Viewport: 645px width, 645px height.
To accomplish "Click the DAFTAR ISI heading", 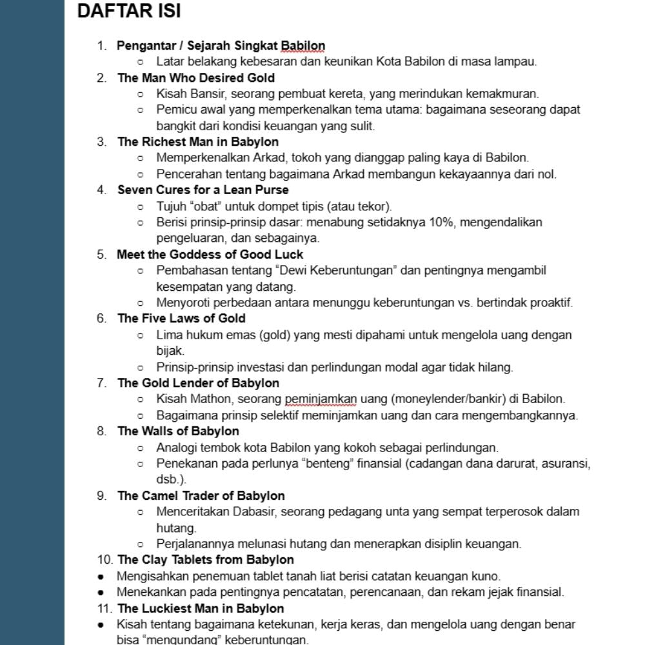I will pyautogui.click(x=128, y=12).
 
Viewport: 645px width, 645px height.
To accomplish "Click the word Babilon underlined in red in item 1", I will pyautogui.click(x=303, y=46).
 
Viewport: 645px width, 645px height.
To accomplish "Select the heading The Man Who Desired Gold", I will pyautogui.click(x=195, y=78).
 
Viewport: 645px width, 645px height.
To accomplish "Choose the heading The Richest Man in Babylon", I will pyautogui.click(x=198, y=142).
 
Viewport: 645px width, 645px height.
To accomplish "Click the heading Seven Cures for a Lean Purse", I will pyautogui.click(x=203, y=190).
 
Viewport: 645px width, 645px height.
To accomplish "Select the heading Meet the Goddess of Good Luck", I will pyautogui.click(x=210, y=254).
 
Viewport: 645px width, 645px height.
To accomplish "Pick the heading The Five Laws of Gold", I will pyautogui.click(x=181, y=319).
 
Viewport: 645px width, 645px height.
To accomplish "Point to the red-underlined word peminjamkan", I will pyautogui.click(x=321, y=399).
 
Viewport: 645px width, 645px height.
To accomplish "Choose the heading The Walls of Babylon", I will pyautogui.click(x=178, y=431).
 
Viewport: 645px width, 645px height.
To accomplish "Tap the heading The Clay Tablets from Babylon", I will pyautogui.click(x=205, y=560).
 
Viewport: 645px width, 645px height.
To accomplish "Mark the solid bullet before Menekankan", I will pyautogui.click(x=101, y=592).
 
